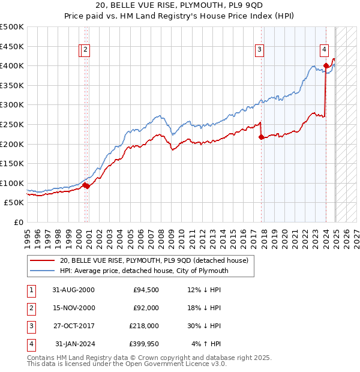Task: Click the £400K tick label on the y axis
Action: click(x=12, y=65)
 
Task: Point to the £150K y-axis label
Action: click(x=12, y=163)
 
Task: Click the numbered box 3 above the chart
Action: click(x=259, y=50)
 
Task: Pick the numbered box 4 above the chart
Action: click(x=324, y=50)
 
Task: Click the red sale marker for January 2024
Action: click(x=326, y=66)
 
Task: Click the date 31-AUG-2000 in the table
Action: click(x=74, y=290)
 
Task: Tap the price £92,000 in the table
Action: click(x=146, y=308)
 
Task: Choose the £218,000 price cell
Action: click(x=144, y=326)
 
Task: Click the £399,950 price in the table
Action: click(x=144, y=344)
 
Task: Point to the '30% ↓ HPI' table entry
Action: click(x=204, y=326)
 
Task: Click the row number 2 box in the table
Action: click(x=30, y=308)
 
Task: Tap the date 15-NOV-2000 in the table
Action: click(x=73, y=308)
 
